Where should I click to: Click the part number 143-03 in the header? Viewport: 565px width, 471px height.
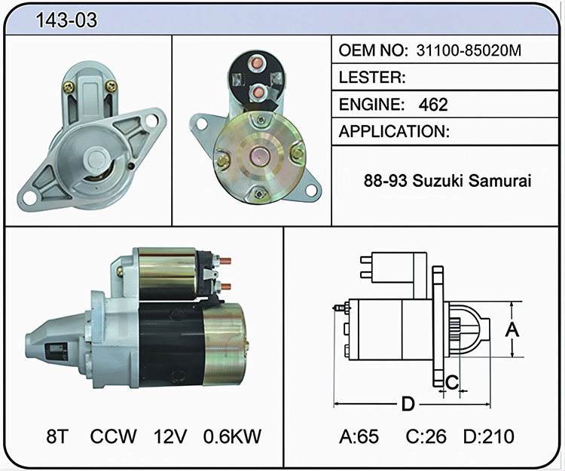66,20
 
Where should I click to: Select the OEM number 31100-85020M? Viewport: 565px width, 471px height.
469,50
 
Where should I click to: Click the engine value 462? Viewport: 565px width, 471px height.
433,105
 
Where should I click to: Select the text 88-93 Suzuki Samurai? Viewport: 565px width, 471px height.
447,180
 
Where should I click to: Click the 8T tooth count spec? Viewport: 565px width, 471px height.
57,436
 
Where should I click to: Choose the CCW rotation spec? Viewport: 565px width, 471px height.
113,436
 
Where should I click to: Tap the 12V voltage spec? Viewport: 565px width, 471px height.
170,436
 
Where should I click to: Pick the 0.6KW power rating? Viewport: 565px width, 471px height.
232,436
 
